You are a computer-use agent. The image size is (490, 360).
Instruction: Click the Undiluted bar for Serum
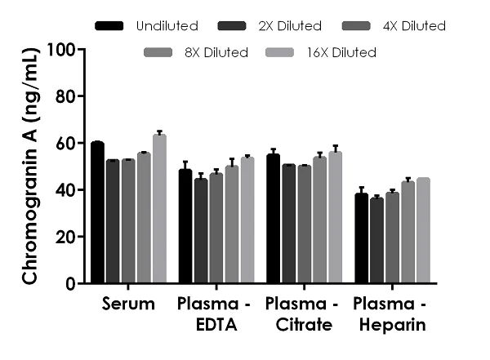97,213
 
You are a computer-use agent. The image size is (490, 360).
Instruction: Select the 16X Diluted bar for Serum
159,209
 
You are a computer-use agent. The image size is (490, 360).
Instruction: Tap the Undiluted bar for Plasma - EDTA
185,227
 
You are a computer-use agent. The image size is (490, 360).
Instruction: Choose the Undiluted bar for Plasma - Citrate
273,219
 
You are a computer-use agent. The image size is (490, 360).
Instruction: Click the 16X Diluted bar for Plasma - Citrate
335,217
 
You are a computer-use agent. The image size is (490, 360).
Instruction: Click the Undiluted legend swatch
109,26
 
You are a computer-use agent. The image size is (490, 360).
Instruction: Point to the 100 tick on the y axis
79,49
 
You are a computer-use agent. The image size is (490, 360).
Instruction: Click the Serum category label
129,304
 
